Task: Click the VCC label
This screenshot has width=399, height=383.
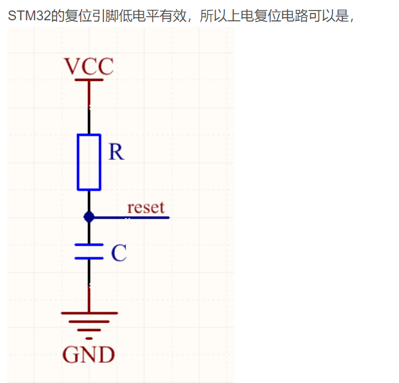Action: [x=89, y=66]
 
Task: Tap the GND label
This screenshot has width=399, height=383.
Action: [x=89, y=355]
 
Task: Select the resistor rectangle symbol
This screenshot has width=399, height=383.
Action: [x=89, y=162]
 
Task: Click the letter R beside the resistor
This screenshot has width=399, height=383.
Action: [x=116, y=152]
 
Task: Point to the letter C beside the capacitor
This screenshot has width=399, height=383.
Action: [x=119, y=253]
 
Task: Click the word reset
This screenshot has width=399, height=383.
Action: [x=146, y=207]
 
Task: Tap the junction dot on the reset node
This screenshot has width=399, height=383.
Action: [x=89, y=217]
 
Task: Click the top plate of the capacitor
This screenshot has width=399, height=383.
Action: [x=89, y=245]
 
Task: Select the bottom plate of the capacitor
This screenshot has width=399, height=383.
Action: [x=89, y=258]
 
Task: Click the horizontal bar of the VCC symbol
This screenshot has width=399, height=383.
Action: [x=89, y=79]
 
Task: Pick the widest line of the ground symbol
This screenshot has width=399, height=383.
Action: [x=89, y=312]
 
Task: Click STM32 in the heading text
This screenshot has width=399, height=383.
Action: [x=26, y=15]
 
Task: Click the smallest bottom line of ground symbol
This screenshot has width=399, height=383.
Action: [x=89, y=338]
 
